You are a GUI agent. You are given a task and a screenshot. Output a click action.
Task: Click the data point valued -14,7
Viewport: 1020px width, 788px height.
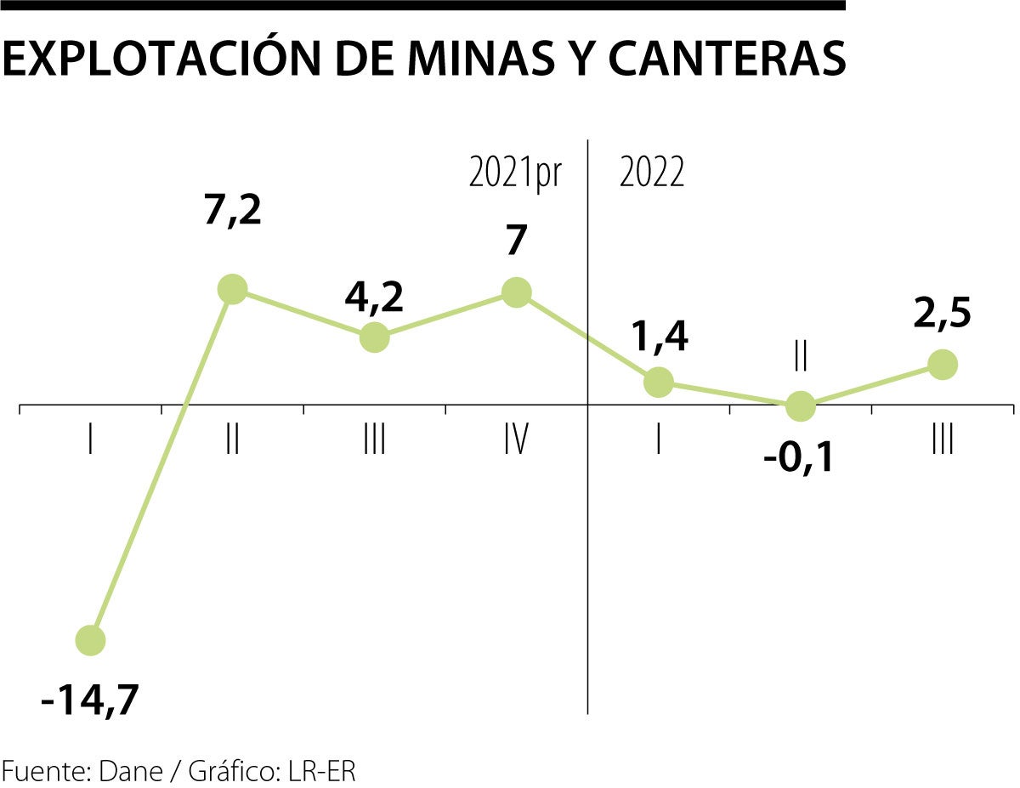coord(90,639)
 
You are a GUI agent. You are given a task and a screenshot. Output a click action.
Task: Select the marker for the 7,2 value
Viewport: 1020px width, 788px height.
coord(232,289)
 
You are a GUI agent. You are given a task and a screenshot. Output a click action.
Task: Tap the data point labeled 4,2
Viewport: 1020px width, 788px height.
coord(374,337)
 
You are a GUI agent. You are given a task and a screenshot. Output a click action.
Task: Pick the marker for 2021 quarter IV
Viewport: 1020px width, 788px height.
coord(516,292)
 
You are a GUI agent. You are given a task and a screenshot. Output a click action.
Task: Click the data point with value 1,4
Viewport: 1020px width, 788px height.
coord(659,382)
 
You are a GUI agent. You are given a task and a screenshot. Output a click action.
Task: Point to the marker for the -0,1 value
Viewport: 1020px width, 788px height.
coord(800,405)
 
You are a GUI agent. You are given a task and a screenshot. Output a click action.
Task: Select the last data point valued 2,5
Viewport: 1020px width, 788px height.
coord(942,365)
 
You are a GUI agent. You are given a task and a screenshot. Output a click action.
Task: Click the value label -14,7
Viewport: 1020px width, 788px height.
coord(89,701)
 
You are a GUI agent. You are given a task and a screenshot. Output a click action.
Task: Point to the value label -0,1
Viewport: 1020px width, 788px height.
coord(800,460)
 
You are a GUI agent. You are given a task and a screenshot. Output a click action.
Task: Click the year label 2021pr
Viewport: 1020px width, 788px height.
coord(515,173)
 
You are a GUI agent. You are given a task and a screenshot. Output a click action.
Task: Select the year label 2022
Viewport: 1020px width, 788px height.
coord(652,173)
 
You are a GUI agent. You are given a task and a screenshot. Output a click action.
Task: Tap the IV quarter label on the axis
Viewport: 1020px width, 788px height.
coord(516,441)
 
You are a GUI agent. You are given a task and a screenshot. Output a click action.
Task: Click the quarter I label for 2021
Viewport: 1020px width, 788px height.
coord(90,441)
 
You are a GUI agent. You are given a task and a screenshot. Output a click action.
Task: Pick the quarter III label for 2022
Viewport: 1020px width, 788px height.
coord(942,441)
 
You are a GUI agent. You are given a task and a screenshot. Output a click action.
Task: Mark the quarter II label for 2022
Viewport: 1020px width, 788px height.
coord(800,358)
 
